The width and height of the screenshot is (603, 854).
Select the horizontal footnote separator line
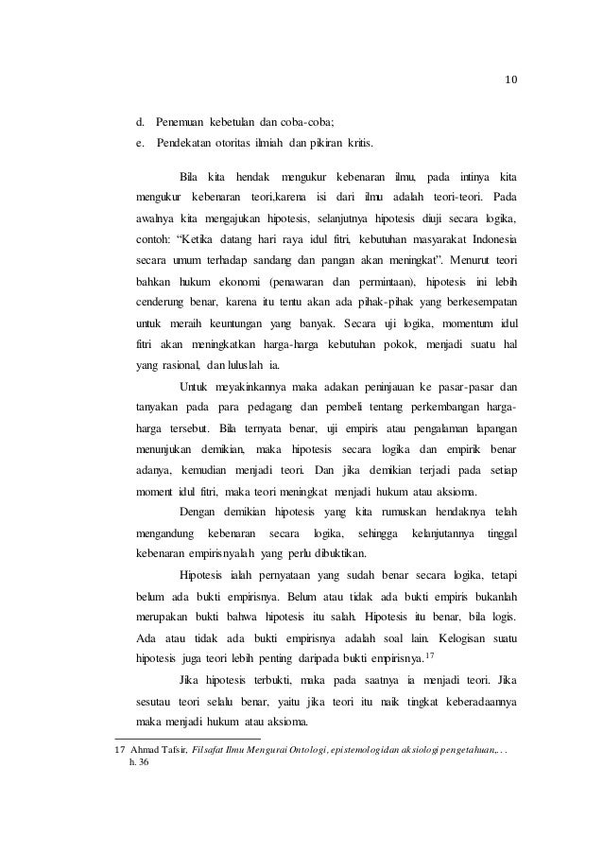[186, 737]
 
